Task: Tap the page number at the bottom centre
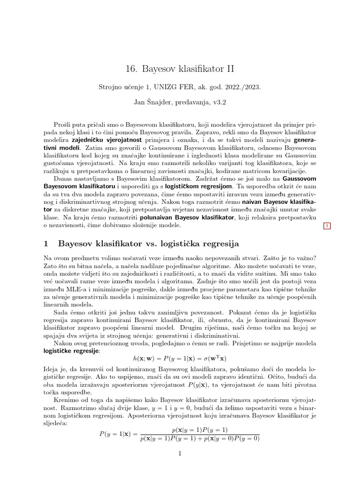coord(180,453)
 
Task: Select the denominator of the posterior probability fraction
coord(199,438)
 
